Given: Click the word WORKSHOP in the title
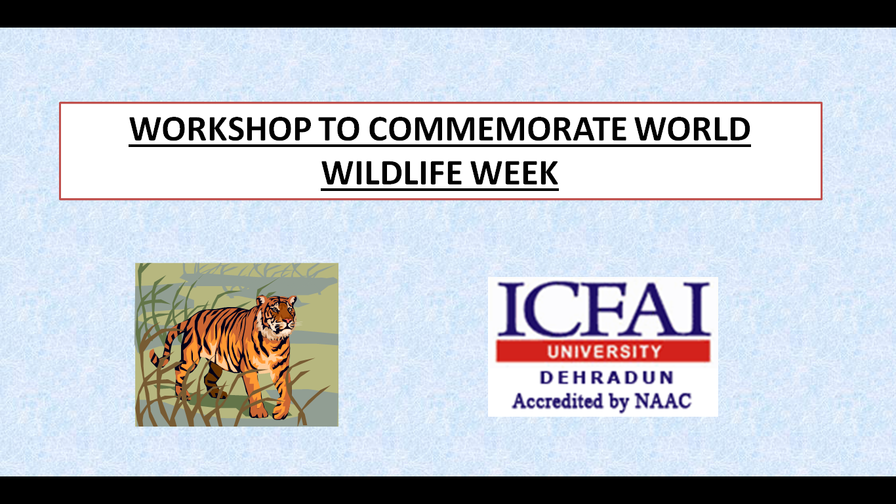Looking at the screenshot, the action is tap(220, 129).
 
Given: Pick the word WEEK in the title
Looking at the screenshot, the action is tap(514, 173).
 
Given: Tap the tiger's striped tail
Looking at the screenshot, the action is tap(165, 346).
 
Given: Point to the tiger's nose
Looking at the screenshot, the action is tap(289, 321).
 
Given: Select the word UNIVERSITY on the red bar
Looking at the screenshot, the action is tap(604, 352).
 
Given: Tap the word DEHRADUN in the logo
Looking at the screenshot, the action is tap(606, 378).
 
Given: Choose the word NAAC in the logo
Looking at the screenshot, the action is tap(662, 401).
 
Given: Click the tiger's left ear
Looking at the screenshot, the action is tap(262, 300).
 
